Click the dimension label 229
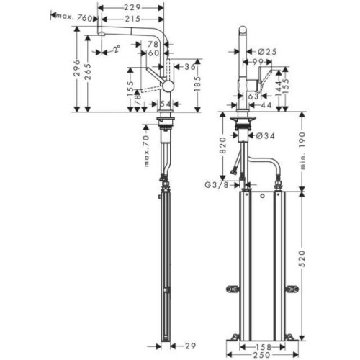click(131, 6)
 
